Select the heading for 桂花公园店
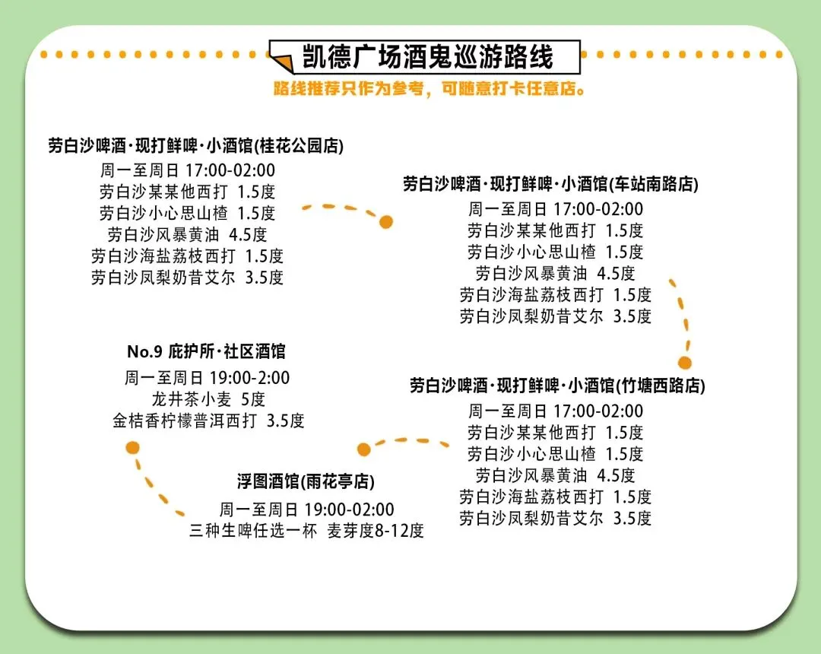pos(195,144)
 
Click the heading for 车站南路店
pos(550,184)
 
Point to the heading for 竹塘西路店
pos(557,386)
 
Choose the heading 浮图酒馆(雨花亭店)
pos(306,481)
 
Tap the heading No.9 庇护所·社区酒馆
pos(206,351)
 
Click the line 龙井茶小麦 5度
pos(208,399)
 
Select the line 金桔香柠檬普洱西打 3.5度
pos(208,421)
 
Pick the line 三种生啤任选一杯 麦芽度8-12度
pos(306,531)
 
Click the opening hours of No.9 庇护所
pos(207,378)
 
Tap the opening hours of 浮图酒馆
pos(306,509)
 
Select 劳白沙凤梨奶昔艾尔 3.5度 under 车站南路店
pos(556,316)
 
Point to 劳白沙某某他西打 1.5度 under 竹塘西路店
pos(556,433)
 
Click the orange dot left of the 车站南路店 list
pos(386,222)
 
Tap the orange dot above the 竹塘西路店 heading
pos(685,363)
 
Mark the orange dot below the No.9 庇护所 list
pos(133,447)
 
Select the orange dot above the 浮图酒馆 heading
pos(364,449)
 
